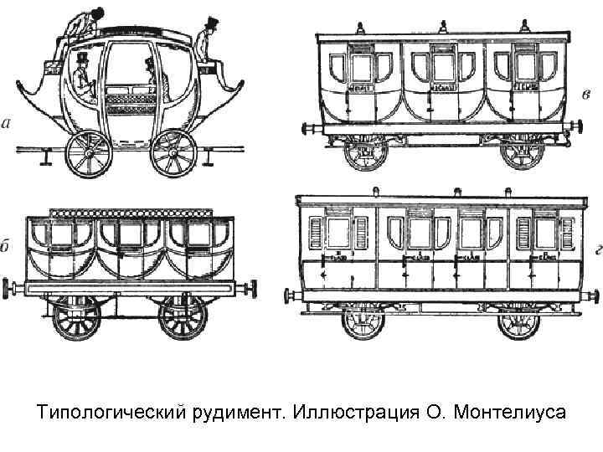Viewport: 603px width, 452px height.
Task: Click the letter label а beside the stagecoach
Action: [8, 125]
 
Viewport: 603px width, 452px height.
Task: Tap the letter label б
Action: [6, 246]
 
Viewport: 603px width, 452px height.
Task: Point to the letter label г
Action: [592, 248]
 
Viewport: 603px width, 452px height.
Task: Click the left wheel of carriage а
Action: [87, 153]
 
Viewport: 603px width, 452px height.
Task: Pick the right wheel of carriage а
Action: [173, 153]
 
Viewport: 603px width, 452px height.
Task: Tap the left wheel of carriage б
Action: [76, 317]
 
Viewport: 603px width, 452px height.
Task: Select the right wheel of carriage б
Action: [183, 317]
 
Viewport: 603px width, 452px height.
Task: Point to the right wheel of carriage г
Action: [519, 320]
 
